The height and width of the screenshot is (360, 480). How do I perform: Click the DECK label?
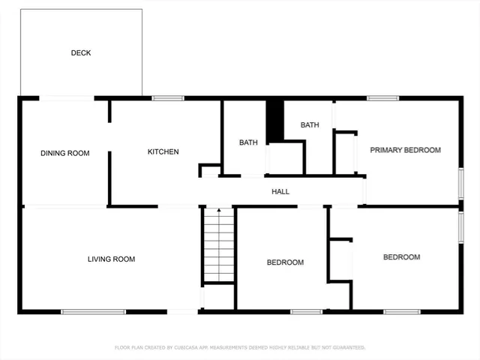click(81, 52)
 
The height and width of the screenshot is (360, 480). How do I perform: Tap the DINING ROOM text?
click(64, 153)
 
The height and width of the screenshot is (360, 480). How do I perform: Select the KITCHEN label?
click(163, 152)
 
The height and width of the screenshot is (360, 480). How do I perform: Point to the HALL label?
click(280, 192)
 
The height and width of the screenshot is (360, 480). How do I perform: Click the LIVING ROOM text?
click(111, 259)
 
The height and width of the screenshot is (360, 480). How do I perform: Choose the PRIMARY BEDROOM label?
click(405, 150)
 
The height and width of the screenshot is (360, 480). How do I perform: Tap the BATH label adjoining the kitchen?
click(248, 142)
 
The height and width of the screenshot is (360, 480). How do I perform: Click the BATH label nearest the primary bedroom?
click(310, 125)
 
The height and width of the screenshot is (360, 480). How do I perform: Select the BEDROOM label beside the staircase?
click(285, 262)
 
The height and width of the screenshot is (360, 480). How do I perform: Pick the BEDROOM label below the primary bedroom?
click(401, 257)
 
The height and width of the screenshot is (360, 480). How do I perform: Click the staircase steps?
click(219, 244)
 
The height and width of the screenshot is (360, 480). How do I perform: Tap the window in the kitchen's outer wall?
click(168, 97)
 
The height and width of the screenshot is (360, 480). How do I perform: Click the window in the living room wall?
click(82, 311)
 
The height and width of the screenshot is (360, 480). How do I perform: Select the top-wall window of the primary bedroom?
click(382, 97)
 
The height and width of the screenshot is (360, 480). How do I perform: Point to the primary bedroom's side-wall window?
click(461, 184)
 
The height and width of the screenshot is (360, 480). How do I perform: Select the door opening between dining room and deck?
click(66, 97)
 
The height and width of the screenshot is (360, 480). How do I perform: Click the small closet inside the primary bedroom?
click(345, 153)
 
